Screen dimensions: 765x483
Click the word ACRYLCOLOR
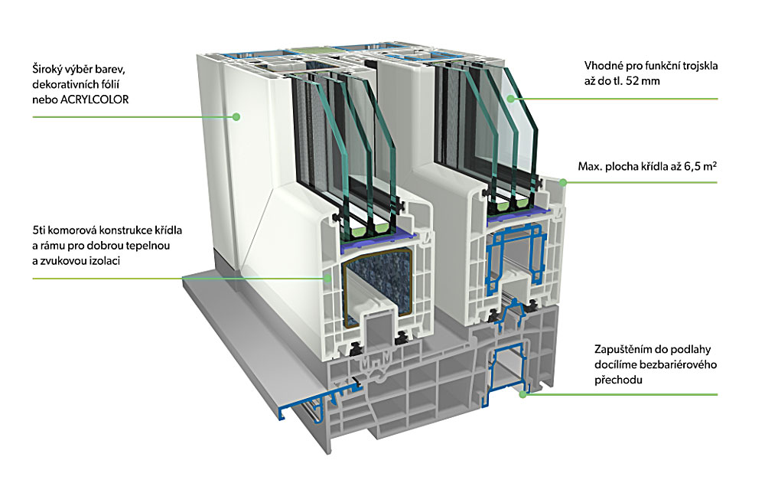tap(94, 100)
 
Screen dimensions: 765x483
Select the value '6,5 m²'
tap(700, 166)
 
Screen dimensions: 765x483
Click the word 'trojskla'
tap(700, 66)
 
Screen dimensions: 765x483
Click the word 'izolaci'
tap(104, 261)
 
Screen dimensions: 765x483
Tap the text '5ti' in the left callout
tap(39, 230)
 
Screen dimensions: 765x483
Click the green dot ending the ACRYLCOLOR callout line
tap(236, 116)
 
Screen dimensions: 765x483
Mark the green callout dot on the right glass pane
tap(511, 99)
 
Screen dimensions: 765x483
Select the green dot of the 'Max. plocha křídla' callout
tap(562, 183)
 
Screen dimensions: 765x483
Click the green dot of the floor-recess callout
tap(523, 394)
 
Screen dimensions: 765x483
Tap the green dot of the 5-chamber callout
tap(327, 279)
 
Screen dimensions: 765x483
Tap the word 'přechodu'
tap(618, 380)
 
